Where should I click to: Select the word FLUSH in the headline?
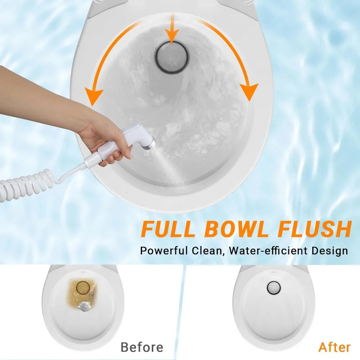click(x=315, y=229)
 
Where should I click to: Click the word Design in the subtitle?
click(x=329, y=251)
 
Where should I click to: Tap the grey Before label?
click(x=142, y=347)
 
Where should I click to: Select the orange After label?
click(x=334, y=347)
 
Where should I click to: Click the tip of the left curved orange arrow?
click(x=92, y=105)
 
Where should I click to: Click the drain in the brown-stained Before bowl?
click(x=83, y=288)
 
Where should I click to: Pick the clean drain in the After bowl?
click(x=274, y=287)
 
